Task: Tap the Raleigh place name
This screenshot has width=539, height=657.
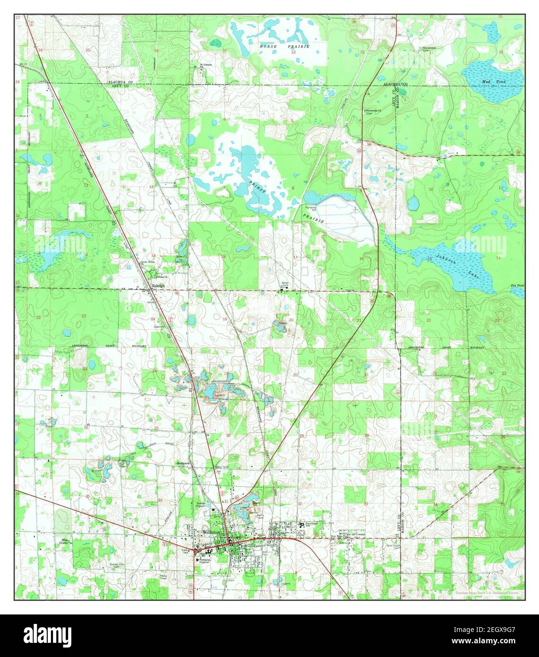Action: tap(158, 286)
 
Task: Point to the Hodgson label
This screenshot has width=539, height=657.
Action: tap(183, 463)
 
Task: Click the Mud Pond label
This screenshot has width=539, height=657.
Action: tap(494, 82)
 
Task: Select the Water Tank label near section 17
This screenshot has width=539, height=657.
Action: tap(284, 284)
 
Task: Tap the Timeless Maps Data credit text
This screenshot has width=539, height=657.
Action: tap(489, 593)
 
